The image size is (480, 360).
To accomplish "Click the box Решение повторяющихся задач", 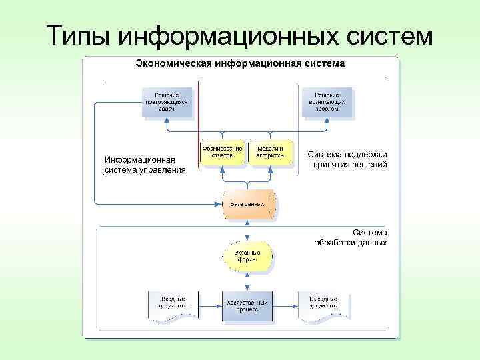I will pyautogui.click(x=167, y=103).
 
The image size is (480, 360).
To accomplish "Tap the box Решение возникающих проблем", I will pyautogui.click(x=327, y=103).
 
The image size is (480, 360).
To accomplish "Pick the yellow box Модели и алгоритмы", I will pyautogui.click(x=270, y=152).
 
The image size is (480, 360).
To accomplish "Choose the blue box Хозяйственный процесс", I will pyautogui.click(x=247, y=307).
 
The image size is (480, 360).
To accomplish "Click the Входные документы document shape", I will pyautogui.click(x=173, y=305).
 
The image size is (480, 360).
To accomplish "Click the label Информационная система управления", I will pyautogui.click(x=145, y=165).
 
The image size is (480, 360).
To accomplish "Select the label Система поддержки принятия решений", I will pyautogui.click(x=347, y=159).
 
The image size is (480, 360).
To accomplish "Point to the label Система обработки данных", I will pyautogui.click(x=351, y=238).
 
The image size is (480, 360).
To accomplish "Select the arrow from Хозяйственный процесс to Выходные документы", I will pyautogui.click(x=285, y=307).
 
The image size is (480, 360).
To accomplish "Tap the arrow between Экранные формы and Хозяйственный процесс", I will pyautogui.click(x=247, y=282).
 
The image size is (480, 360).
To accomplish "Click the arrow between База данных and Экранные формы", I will pyautogui.click(x=247, y=233).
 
